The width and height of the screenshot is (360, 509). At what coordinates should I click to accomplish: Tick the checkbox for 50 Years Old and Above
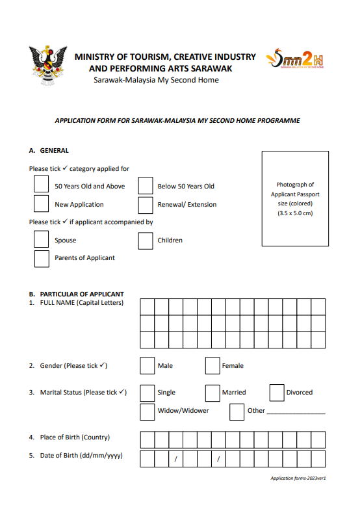41,185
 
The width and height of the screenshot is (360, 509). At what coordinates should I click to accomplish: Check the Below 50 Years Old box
146,186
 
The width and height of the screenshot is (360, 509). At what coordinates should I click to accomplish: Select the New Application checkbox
41,204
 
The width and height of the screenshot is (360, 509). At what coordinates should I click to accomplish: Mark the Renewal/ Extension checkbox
146,205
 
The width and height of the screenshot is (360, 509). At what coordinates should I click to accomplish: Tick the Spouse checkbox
41,240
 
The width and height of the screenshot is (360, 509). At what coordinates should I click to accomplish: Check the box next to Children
146,241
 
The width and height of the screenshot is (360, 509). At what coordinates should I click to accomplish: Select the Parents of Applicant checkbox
41,258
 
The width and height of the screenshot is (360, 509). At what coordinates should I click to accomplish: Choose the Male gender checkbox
147,366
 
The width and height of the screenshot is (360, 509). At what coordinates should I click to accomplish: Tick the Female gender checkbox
212,366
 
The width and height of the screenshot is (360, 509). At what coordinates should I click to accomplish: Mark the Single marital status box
147,393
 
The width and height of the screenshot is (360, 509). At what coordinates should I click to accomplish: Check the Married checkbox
212,393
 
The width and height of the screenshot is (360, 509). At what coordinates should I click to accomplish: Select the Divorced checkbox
277,393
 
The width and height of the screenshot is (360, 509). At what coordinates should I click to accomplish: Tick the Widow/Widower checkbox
147,411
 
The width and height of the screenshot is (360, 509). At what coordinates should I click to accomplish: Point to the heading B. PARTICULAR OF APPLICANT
77,294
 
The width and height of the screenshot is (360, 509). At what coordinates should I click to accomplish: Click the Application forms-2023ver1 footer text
298,478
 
